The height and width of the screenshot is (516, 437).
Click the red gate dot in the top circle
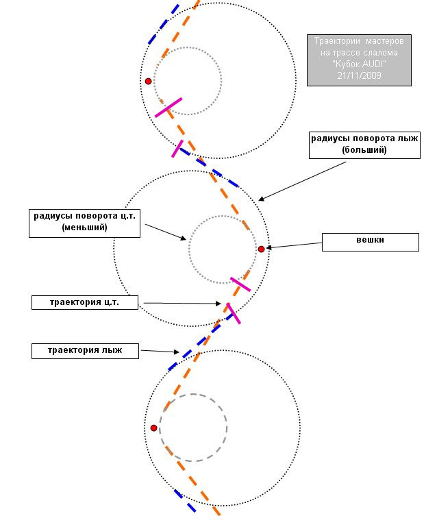point(149,81)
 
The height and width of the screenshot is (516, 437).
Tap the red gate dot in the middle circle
point(261,249)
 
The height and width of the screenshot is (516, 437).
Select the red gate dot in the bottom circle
point(153,428)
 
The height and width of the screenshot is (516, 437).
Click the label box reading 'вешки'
point(371,242)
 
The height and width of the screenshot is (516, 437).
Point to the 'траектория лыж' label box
point(85,351)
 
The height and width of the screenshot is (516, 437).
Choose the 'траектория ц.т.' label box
point(85,302)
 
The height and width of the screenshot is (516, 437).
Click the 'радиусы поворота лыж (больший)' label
point(364,145)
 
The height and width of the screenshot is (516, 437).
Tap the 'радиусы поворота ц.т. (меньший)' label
point(84,223)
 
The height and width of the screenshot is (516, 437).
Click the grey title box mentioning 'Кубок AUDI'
point(359,60)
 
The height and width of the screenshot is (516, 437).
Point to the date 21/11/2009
point(359,75)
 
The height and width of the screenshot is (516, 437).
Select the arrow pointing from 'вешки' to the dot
point(294,245)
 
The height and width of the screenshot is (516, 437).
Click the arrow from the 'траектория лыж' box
point(160,352)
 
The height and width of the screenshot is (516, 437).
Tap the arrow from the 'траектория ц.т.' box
point(182,304)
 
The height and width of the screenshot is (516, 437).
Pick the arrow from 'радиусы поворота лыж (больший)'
point(302,181)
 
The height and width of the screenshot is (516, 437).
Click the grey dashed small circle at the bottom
point(193,394)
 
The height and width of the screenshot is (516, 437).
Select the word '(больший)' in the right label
point(364,150)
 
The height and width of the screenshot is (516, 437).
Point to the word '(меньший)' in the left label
point(84,228)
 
